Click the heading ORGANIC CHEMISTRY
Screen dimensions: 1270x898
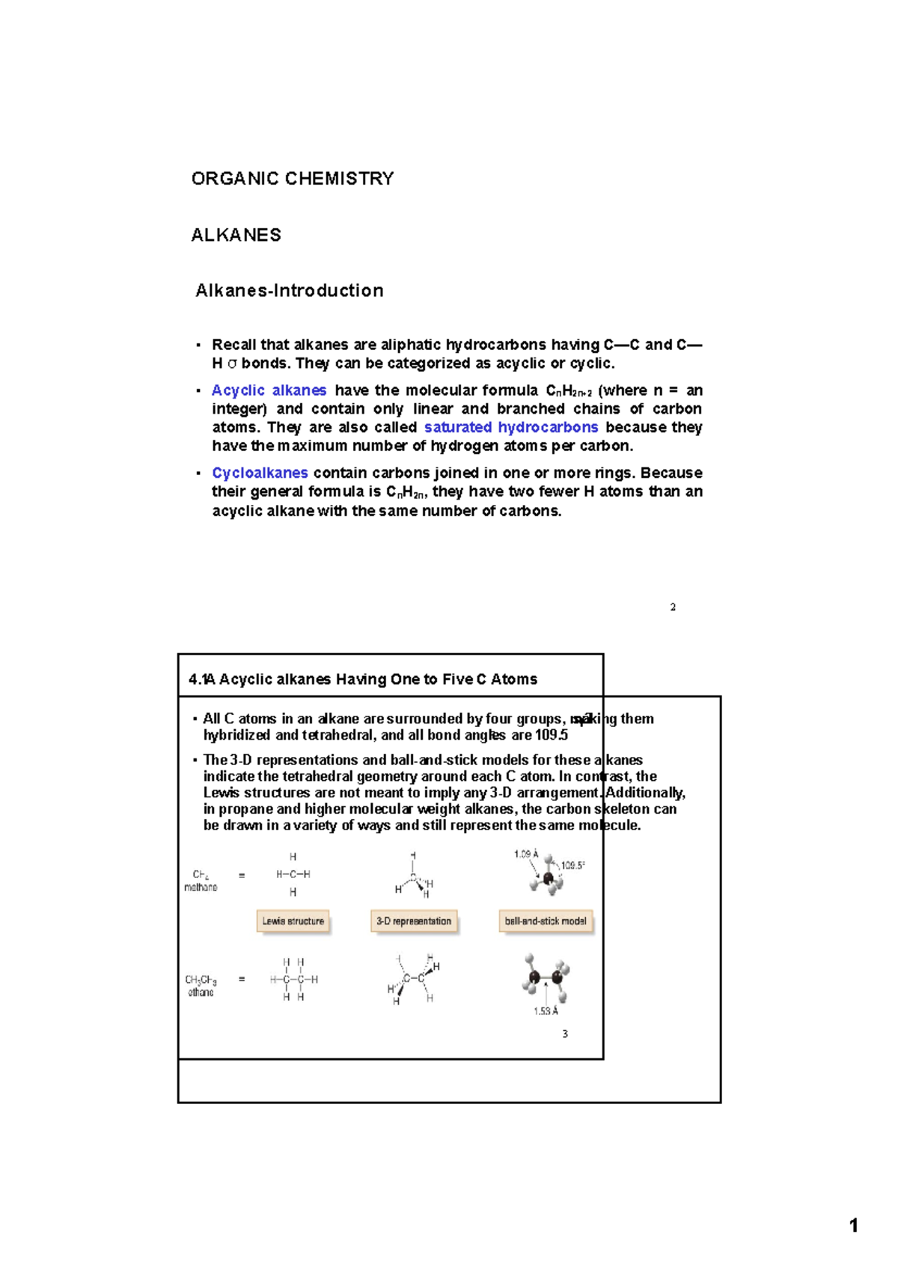point(292,179)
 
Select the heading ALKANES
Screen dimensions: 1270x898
point(236,235)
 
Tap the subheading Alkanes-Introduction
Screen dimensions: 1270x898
point(289,290)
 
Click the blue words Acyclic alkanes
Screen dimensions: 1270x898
point(269,390)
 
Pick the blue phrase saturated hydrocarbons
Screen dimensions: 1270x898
point(511,427)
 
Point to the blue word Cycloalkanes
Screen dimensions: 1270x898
point(260,473)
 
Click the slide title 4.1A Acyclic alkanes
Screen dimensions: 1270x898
point(363,679)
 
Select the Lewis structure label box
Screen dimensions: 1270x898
point(293,921)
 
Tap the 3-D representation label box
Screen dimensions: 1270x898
point(414,921)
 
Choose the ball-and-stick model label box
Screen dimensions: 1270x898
point(546,921)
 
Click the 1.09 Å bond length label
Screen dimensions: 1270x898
point(526,853)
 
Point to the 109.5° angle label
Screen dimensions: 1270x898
point(572,865)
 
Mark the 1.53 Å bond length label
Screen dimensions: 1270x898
point(546,1011)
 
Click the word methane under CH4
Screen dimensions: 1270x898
point(201,887)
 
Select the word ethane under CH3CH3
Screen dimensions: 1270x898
point(201,993)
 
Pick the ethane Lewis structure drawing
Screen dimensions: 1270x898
point(293,979)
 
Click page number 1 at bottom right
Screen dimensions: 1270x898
point(853,1225)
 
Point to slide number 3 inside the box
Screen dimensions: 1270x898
point(565,1034)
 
